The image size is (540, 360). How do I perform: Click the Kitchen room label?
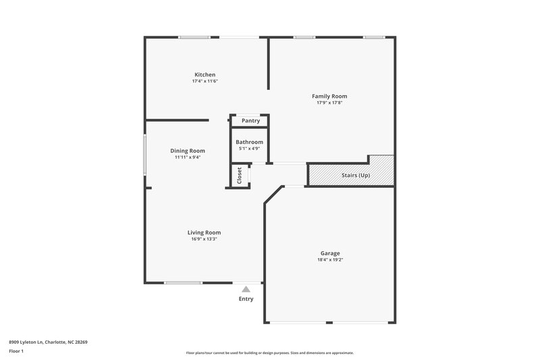pos(205,74)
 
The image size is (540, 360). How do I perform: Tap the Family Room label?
pos(329,96)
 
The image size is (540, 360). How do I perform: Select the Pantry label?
pos(250,121)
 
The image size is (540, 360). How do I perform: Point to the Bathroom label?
pos(249,142)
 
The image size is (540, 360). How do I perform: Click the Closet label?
pos(239,176)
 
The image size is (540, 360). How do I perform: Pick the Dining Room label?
pos(188,151)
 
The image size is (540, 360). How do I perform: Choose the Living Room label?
pos(204,232)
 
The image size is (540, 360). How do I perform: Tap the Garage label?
pos(330,253)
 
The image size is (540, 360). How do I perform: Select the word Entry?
pos(246,299)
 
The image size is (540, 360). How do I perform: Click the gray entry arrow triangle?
pos(246,289)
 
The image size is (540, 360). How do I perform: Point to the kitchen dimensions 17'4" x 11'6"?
pos(205,81)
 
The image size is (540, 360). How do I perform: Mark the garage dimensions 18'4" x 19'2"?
pos(330,260)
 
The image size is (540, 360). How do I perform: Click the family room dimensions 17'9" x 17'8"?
pos(329,103)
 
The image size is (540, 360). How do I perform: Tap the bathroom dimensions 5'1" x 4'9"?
pos(249,149)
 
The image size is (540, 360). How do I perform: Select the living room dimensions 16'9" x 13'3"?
pos(204,239)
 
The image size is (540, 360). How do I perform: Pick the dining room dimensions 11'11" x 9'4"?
pos(188,157)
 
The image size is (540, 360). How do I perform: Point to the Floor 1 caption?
pos(17,351)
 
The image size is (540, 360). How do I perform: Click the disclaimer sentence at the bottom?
pos(270,353)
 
